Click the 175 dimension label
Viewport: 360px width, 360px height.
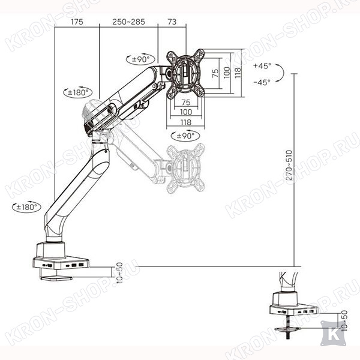tap(77, 22)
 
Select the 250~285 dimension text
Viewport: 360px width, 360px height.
tap(128, 22)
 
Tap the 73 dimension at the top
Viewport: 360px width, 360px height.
tap(172, 22)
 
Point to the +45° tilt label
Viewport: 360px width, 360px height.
tap(262, 66)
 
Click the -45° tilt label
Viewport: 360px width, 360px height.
tap(262, 82)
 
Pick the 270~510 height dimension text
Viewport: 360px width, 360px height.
tap(289, 165)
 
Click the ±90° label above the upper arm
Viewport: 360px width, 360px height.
tap(141, 59)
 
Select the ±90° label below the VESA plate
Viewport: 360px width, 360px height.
tap(185, 136)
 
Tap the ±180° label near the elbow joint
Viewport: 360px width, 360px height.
tap(78, 92)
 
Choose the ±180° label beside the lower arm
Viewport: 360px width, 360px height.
tap(26, 207)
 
